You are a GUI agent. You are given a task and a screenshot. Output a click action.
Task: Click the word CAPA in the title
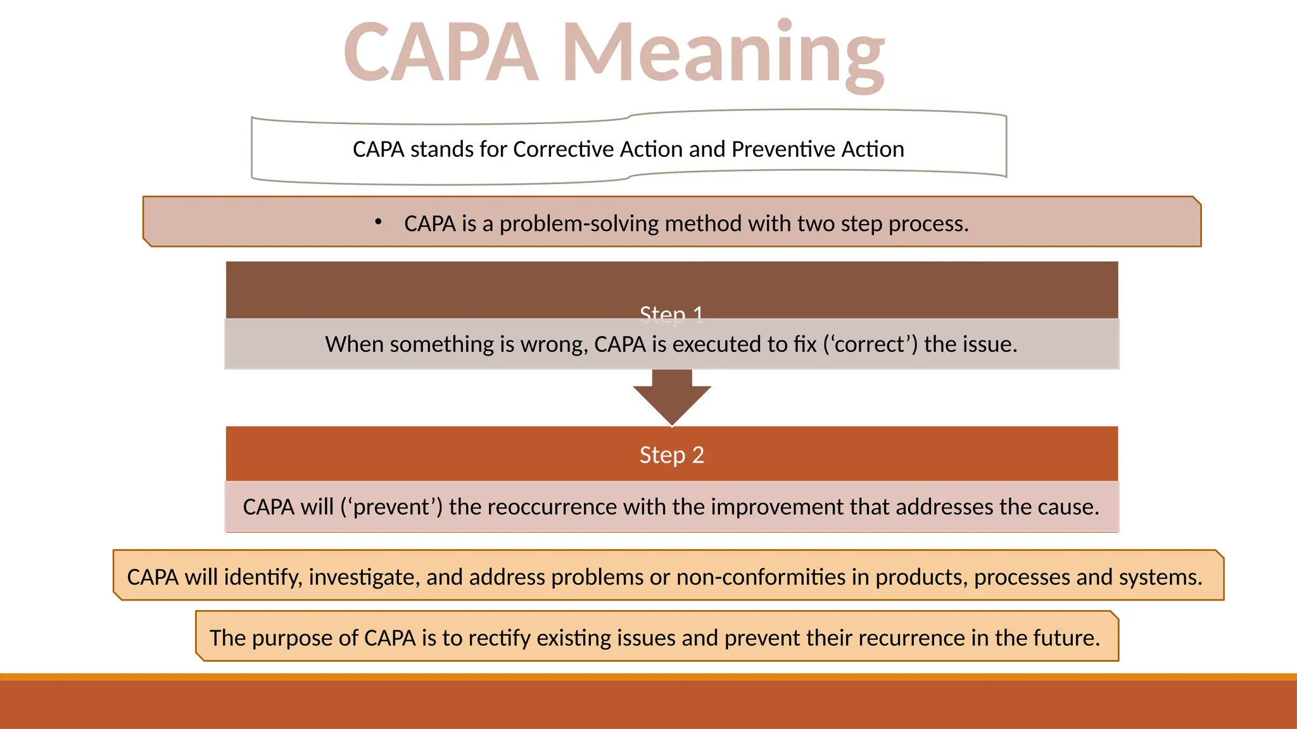tap(441, 54)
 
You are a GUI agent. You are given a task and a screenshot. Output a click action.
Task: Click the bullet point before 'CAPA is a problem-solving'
tap(378, 222)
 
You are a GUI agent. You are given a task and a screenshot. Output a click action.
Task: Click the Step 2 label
tap(671, 455)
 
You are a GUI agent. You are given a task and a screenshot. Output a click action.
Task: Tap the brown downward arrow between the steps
tap(672, 399)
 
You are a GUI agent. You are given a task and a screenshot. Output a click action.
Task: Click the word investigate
tap(364, 578)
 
